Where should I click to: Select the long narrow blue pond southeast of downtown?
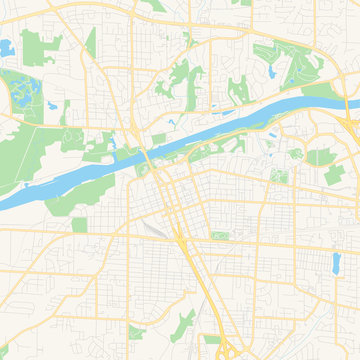coord(335,262)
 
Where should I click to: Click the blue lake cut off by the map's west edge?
coord(6,47)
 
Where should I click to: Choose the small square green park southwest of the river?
coord(80,224)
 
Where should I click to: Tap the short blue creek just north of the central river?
coord(172,122)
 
